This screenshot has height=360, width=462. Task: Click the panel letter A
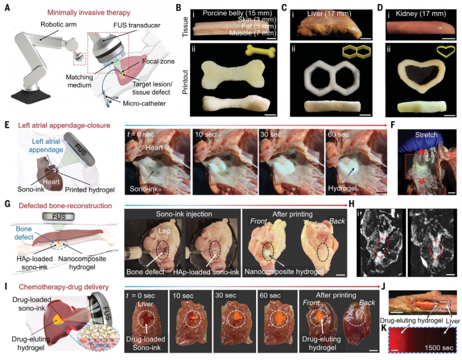(x=8, y=7)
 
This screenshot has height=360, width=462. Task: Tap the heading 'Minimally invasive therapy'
(x=89, y=13)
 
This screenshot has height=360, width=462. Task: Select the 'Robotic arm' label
(x=59, y=24)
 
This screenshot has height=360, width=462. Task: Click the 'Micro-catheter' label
(x=144, y=104)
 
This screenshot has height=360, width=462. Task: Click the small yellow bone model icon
(x=261, y=51)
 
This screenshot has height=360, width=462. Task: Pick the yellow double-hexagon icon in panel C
(x=356, y=51)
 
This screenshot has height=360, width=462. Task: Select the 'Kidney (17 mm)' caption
(x=421, y=13)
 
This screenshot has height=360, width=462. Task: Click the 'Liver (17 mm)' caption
(x=329, y=13)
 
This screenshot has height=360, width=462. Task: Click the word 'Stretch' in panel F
(x=426, y=135)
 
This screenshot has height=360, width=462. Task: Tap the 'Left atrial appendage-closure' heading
(x=64, y=125)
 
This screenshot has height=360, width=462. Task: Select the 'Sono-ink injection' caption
(x=184, y=214)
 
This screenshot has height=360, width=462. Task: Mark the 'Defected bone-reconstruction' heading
(x=65, y=206)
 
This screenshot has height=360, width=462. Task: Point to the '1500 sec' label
(x=439, y=348)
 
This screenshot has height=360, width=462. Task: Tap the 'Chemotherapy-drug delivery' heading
(x=64, y=287)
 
